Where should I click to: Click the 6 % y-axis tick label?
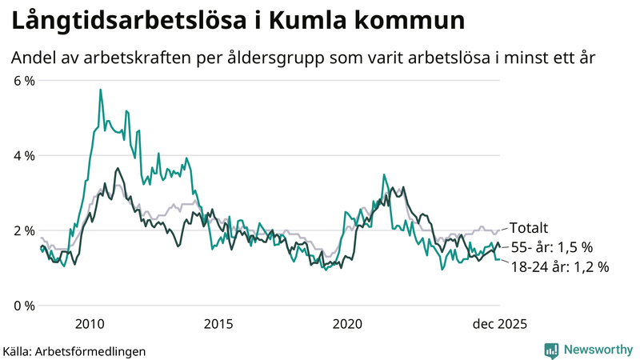click(23, 80)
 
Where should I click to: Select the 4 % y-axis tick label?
click(23, 155)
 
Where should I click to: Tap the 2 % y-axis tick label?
click(23, 230)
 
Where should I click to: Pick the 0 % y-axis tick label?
click(23, 306)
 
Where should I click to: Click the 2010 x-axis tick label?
click(89, 323)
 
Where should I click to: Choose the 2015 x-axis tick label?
click(218, 323)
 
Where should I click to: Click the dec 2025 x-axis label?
click(498, 323)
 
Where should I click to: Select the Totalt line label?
click(529, 228)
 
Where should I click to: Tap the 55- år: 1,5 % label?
click(552, 247)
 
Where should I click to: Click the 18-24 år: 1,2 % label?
click(560, 267)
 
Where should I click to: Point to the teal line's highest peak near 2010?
click(100, 90)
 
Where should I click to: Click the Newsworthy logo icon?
click(551, 350)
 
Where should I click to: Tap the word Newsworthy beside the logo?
click(597, 350)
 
